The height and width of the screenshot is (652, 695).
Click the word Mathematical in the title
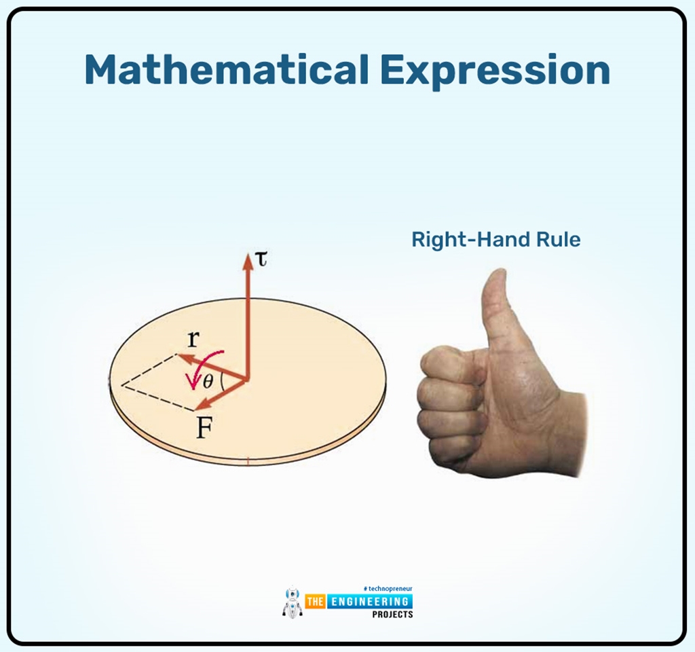click(225, 70)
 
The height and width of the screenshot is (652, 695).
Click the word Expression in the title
click(494, 70)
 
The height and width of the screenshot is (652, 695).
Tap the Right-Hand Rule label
click(495, 240)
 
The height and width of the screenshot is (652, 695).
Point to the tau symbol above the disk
click(261, 259)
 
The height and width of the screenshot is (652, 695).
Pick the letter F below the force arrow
click(203, 429)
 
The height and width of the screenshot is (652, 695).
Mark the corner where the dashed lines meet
click(121, 385)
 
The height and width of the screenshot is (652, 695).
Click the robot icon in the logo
click(292, 602)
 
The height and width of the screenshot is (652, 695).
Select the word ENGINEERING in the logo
click(370, 602)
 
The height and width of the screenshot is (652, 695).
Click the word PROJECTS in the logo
click(392, 614)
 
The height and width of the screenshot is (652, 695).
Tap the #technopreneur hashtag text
click(388, 589)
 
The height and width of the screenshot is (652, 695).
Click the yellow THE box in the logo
click(316, 602)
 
